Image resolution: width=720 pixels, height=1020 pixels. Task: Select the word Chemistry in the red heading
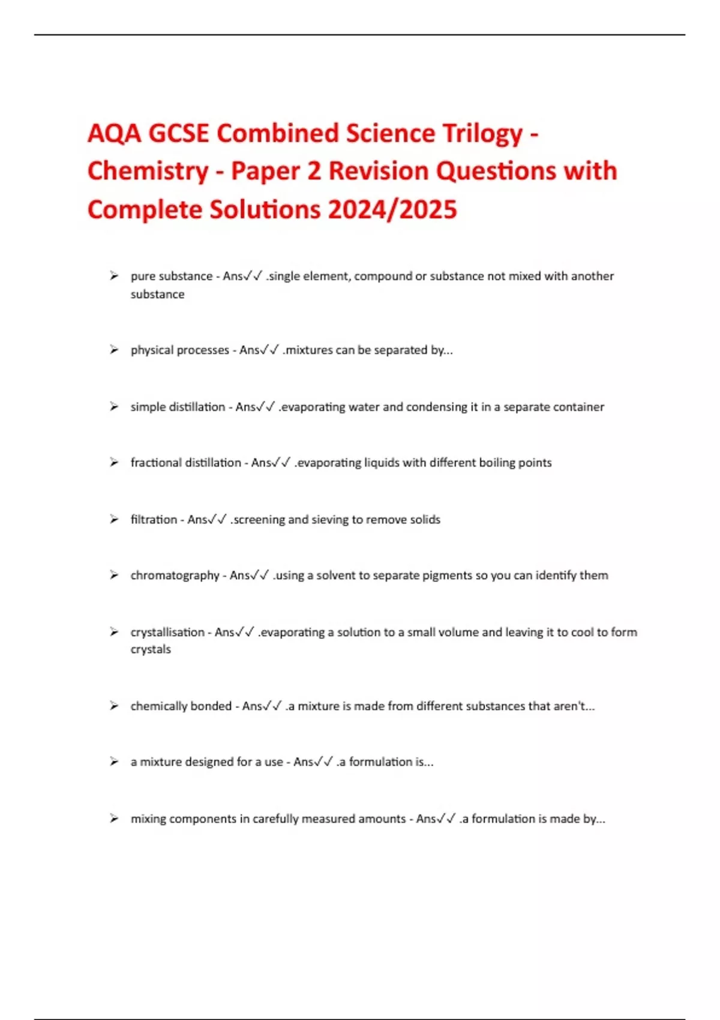[148, 172]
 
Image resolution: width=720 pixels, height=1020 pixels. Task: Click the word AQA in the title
[114, 133]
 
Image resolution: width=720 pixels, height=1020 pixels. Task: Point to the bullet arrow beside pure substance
[114, 276]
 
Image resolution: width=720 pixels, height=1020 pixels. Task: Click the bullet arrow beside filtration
[114, 519]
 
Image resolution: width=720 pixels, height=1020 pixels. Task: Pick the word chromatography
[175, 575]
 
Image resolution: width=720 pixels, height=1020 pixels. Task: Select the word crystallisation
[167, 632]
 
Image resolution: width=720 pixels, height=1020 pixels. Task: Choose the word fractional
[156, 463]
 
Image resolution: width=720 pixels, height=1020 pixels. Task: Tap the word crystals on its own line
[151, 649]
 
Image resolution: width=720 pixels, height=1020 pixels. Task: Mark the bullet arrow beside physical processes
[114, 350]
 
